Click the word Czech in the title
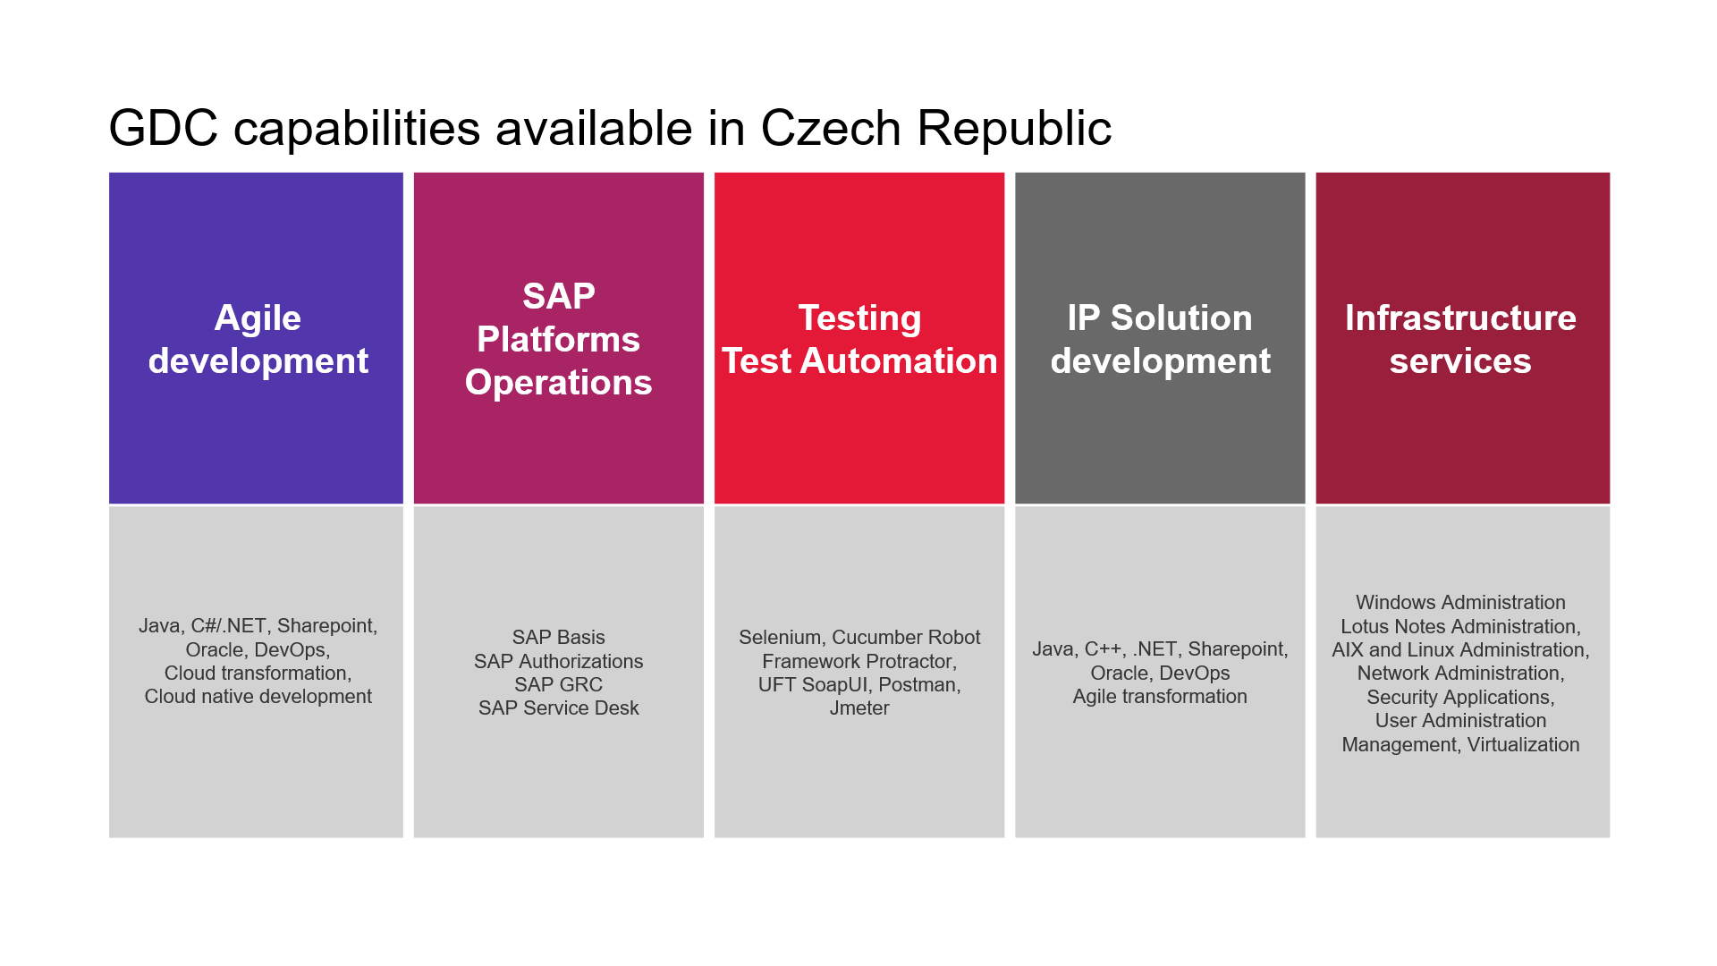pos(831,128)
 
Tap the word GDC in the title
pos(164,128)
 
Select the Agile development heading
pos(258,340)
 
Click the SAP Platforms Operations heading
pos(559,339)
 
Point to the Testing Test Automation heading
pos(859,340)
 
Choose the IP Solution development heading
pos(1160,340)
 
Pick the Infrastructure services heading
pos(1460,340)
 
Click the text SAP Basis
pos(559,637)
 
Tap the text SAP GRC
pos(559,684)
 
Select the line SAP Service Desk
pos(559,708)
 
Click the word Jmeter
pos(859,708)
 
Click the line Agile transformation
pos(1160,696)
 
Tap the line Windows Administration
pos(1460,602)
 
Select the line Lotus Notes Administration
pos(1460,626)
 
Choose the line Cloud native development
pos(258,696)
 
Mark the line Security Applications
pos(1460,697)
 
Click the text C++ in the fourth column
pos(1104,649)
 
